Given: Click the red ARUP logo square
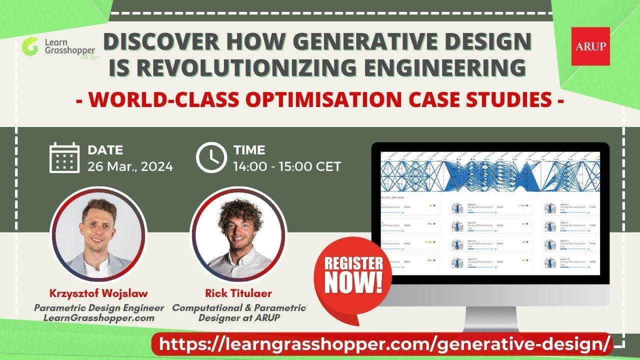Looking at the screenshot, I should click(x=590, y=46).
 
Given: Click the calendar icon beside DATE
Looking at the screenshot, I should click(x=64, y=157).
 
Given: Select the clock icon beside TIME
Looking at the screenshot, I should click(x=211, y=157).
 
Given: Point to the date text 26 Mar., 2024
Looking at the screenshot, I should click(x=130, y=166).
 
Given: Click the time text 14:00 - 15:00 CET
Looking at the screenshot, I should click(x=287, y=166).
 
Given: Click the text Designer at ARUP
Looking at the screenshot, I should click(x=238, y=317).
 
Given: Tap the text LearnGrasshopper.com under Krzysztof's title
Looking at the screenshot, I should click(x=98, y=317).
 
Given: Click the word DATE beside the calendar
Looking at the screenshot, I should click(x=105, y=150).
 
